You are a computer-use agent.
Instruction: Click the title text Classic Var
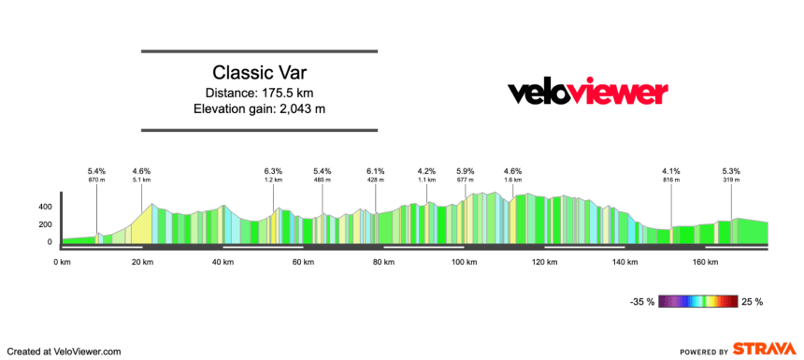(259, 72)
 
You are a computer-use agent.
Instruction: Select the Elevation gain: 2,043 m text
(259, 108)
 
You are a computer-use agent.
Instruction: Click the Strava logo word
(766, 349)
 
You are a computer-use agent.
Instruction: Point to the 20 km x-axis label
(142, 263)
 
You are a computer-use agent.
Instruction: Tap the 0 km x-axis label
(63, 263)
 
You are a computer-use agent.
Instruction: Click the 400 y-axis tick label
(44, 207)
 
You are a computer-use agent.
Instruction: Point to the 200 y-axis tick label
(44, 224)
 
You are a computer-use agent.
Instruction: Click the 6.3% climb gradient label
(273, 171)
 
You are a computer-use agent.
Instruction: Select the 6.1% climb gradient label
(376, 171)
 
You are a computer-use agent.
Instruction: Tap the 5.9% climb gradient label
(466, 171)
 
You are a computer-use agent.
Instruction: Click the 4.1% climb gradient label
(671, 171)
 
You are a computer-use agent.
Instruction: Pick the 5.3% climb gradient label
(731, 171)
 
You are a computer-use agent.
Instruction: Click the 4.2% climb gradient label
(426, 171)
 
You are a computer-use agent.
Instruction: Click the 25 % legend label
(753, 302)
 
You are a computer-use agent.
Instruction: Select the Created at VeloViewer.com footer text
(62, 351)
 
